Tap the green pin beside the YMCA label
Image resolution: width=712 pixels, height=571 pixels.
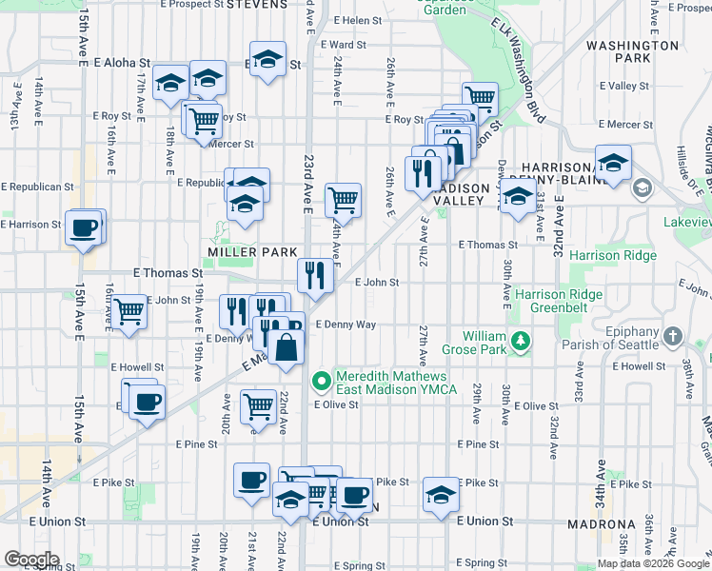click(x=322, y=382)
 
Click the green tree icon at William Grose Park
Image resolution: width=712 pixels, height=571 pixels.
click(x=520, y=340)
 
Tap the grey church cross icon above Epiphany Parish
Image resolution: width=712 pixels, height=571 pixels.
click(x=673, y=336)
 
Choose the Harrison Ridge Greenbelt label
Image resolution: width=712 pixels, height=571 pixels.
click(x=559, y=301)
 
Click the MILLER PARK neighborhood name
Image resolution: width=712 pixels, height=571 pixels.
click(x=240, y=252)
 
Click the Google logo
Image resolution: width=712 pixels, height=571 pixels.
click(x=32, y=560)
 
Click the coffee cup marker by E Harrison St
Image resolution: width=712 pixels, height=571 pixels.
click(x=84, y=226)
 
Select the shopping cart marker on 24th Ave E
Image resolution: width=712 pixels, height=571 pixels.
click(x=343, y=200)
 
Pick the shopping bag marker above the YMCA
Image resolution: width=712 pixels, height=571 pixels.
click(x=286, y=347)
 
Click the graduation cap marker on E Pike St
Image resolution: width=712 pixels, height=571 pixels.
click(x=440, y=494)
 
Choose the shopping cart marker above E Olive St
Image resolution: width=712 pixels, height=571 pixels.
click(x=259, y=406)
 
